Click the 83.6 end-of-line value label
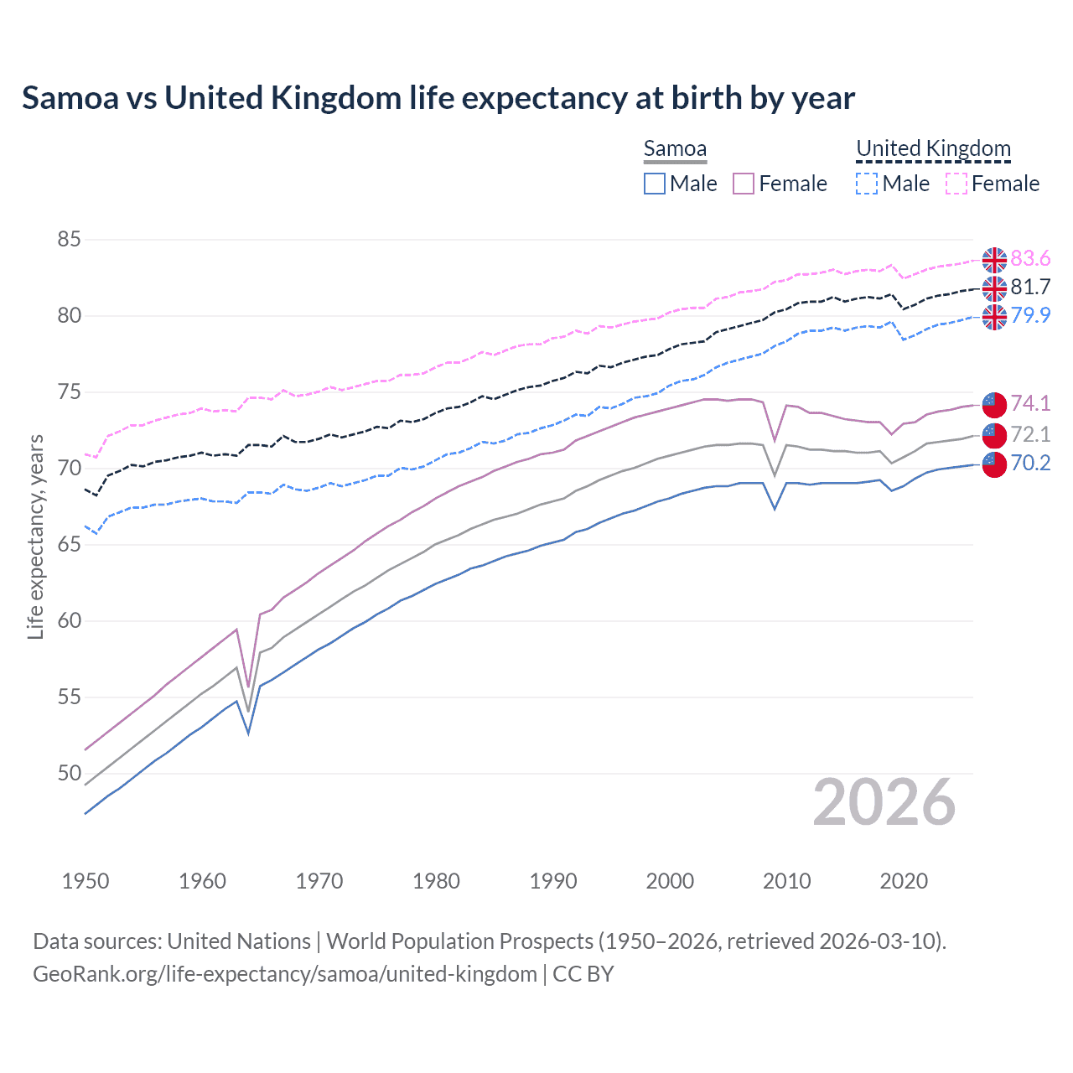1030,258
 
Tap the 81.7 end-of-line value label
1030,287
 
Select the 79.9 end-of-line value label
1030,315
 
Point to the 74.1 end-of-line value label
1030,403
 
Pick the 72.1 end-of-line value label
1030,434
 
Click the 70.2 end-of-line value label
1030,463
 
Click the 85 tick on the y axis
69,240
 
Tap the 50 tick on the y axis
69,773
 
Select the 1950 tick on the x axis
86,881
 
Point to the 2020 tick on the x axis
904,881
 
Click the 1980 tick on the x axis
436,881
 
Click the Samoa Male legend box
655,184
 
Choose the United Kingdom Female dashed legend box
956,184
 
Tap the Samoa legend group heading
675,148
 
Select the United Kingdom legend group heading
933,148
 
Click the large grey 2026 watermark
884,802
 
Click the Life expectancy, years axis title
35,536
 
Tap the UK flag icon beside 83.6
994,260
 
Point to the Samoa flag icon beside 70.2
994,464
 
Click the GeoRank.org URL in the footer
285,974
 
